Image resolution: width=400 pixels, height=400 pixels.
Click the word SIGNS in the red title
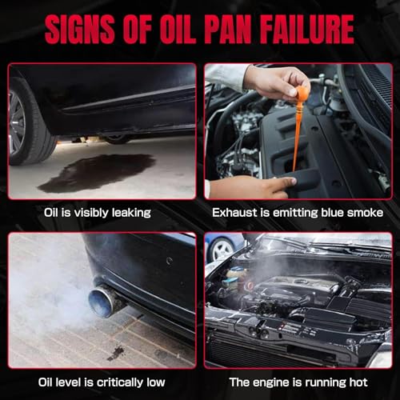pos(80,29)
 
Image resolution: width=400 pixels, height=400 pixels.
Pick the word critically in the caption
pos(120,382)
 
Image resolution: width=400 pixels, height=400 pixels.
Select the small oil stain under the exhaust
pos(116,353)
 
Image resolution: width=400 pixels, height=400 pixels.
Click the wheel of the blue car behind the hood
pos(222,250)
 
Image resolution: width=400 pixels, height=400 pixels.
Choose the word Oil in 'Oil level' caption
pos(46,382)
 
